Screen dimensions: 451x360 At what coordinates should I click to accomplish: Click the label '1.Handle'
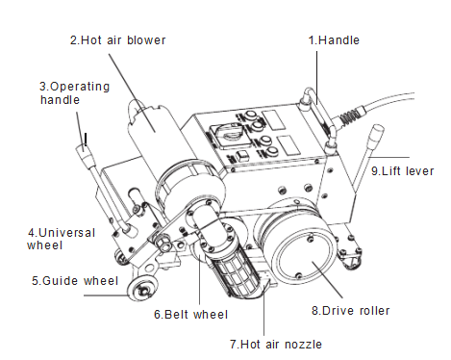click(334, 40)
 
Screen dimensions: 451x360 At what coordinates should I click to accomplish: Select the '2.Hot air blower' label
click(118, 40)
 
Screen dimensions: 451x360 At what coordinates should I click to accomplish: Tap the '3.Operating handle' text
click(74, 93)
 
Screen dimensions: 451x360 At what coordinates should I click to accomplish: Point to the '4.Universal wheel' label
click(62, 239)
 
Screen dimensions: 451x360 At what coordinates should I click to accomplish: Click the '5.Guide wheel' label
click(75, 281)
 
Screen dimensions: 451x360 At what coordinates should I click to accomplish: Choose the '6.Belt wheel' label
click(190, 315)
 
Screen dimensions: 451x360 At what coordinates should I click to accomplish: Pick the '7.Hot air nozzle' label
click(276, 345)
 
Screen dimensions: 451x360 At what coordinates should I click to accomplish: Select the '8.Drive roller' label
click(351, 311)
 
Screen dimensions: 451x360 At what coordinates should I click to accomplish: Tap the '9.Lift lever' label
click(403, 171)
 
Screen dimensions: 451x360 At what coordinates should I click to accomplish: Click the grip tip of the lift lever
click(376, 135)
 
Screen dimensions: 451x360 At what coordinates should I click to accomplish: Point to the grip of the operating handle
click(85, 155)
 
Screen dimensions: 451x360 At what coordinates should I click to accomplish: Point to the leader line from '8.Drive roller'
click(328, 280)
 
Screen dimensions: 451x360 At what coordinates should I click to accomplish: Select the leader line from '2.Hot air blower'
click(132, 92)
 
